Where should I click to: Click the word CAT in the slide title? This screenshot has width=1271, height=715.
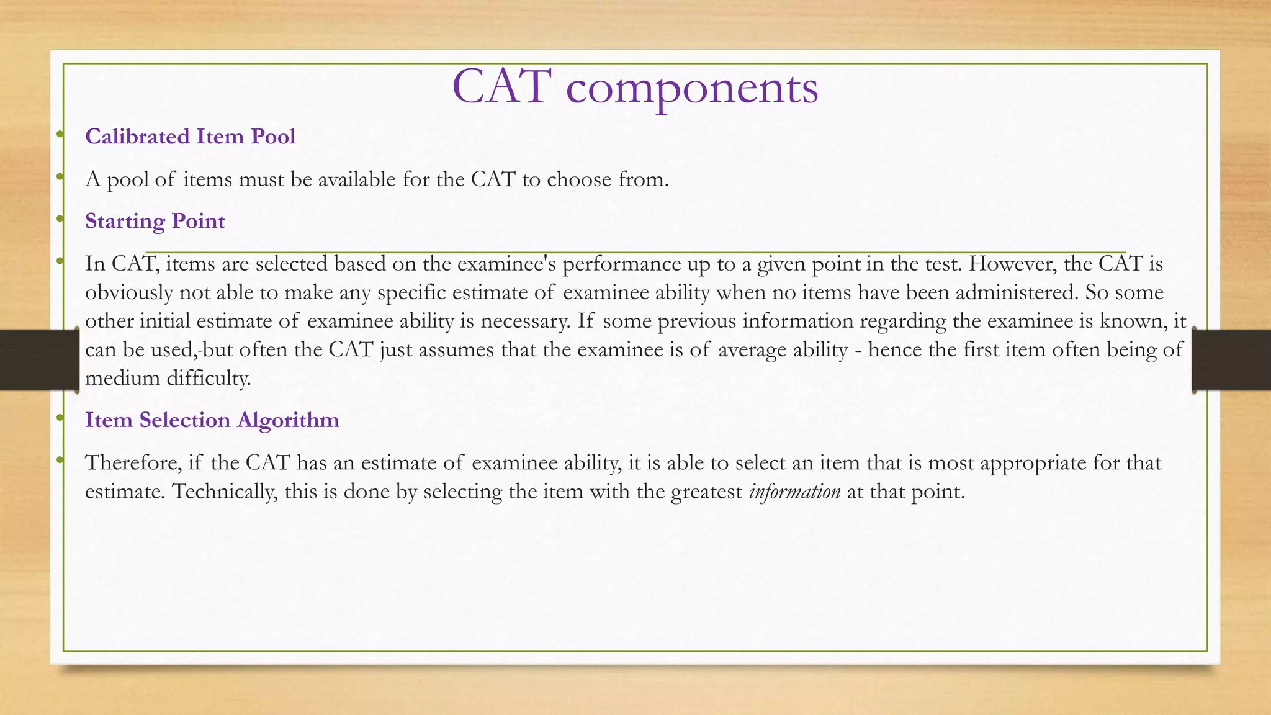point(501,87)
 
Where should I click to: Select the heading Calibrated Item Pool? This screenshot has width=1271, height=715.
point(190,137)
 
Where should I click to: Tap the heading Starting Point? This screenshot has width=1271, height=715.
point(155,221)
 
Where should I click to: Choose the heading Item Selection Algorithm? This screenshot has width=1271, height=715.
point(212,420)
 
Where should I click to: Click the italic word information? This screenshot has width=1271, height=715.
point(794,492)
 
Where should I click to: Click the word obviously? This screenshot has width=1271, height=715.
point(128,292)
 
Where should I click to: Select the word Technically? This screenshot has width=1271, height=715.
point(225,492)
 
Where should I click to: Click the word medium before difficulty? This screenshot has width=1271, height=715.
point(122,378)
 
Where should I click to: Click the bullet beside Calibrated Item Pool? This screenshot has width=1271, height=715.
point(60,135)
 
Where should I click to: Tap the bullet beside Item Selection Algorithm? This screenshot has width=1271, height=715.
point(60,418)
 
